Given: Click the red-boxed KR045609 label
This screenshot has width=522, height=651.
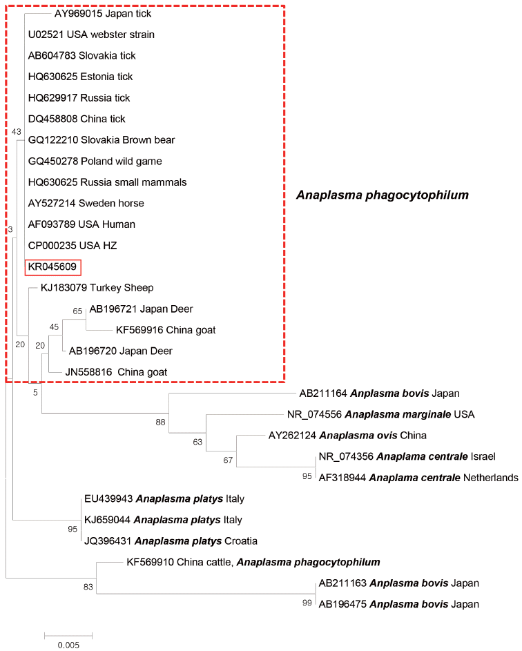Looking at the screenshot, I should tap(54, 266).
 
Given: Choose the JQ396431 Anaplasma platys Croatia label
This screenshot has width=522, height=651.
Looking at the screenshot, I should tap(165, 541).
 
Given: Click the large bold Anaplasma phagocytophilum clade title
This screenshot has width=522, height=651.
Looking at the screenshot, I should tap(383, 195).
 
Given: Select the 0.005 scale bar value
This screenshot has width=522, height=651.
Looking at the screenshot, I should tap(68, 645).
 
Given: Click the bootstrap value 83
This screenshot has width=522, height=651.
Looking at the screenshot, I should tap(88, 587).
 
